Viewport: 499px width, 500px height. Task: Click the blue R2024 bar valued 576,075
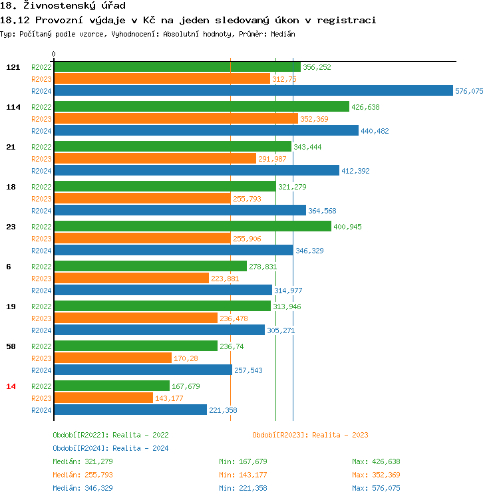point(253,91)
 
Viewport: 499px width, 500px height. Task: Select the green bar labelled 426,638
point(201,106)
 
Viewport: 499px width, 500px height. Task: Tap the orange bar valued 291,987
point(154,159)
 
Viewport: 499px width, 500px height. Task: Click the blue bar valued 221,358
point(130,410)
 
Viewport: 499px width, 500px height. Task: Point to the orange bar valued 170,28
point(112,358)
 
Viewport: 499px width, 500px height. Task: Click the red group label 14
point(11,386)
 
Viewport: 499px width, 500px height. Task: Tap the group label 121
point(13,67)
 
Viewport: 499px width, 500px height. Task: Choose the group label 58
point(11,346)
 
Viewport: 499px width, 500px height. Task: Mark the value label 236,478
point(234,318)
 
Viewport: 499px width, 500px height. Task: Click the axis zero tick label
point(54,54)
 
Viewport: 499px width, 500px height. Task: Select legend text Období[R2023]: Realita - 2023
point(310,435)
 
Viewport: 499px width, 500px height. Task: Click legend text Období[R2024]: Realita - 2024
point(110,448)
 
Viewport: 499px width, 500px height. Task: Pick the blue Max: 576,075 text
point(376,488)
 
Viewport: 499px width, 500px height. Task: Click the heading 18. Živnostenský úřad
point(63,6)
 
